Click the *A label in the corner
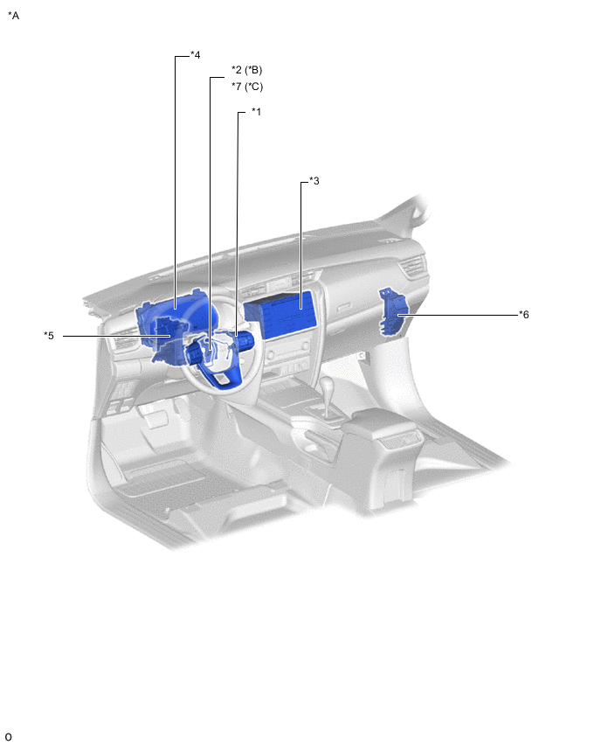[13, 16]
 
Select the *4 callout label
[195, 54]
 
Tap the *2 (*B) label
[247, 70]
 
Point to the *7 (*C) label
[247, 87]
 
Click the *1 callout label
[256, 112]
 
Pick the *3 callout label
[314, 180]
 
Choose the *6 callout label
[523, 314]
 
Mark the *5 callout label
[49, 336]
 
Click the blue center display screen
[280, 315]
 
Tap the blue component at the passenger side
[393, 311]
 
